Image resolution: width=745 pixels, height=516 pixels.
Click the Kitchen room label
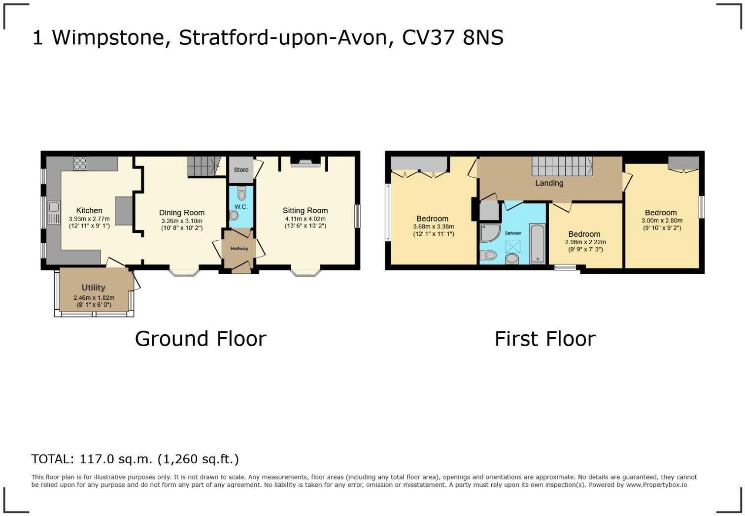click(89, 211)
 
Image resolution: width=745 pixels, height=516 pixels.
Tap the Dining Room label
click(181, 213)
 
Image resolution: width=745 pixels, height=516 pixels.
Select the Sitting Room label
click(305, 210)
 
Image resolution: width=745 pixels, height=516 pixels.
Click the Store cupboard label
click(241, 170)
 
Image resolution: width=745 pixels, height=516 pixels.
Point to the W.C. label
click(241, 207)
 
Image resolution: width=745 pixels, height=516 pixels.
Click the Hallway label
click(239, 249)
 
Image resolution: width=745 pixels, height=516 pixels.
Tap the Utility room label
click(93, 288)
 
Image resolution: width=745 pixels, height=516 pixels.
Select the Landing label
click(549, 183)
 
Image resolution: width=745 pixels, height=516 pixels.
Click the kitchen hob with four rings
click(80, 163)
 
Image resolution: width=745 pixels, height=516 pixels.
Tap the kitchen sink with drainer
click(53, 213)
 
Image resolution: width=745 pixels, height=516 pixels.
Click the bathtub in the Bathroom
click(537, 244)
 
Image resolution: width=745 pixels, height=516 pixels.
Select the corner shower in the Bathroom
click(489, 233)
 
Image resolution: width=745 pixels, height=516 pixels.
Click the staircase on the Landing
click(562, 166)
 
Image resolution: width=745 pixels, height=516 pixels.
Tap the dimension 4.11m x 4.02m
click(305, 219)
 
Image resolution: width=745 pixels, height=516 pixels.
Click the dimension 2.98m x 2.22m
click(585, 242)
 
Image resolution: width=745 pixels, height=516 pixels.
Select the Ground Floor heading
click(201, 339)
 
